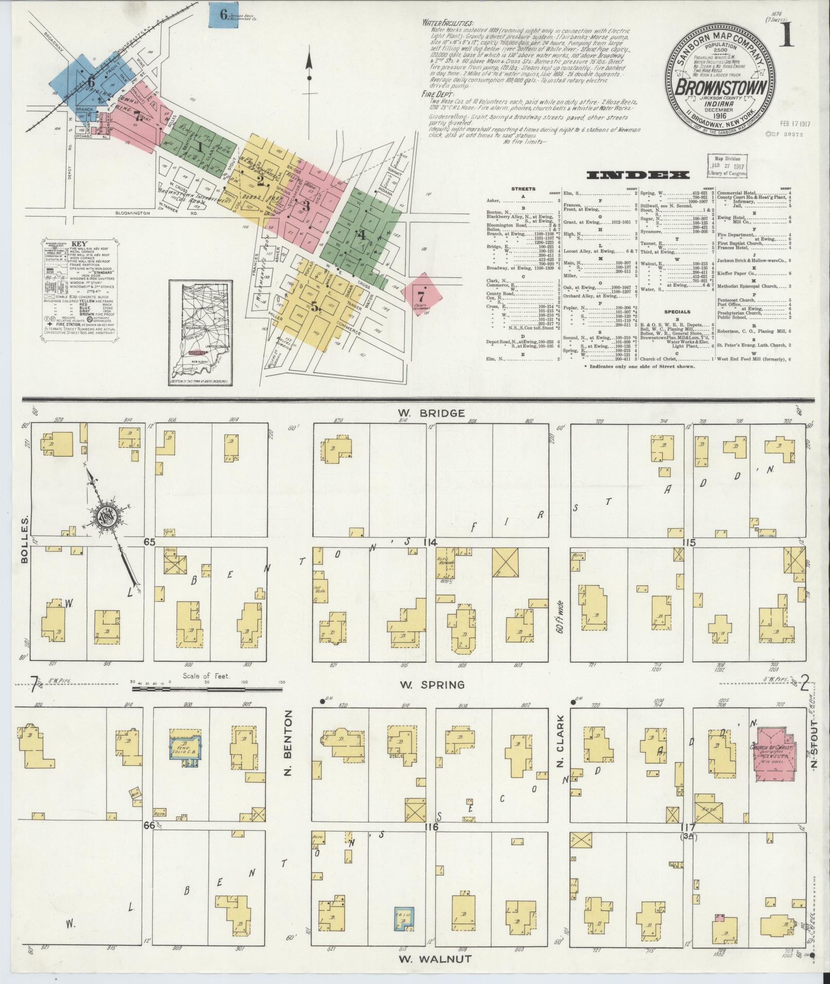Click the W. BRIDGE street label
tap(431, 413)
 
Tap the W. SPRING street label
tap(432, 685)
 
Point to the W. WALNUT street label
tap(434, 958)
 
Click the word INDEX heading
tap(638, 175)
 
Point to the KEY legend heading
tap(80, 244)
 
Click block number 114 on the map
tap(430, 542)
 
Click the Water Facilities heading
tap(448, 23)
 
